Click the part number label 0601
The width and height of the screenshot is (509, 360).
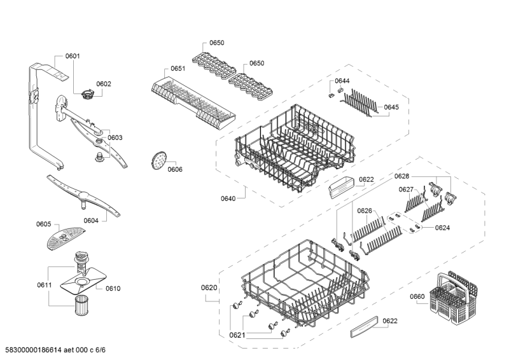tap(73, 56)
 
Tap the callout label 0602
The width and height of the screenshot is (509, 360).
tap(104, 84)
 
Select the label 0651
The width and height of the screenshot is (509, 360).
tap(178, 68)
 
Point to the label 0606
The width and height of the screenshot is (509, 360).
tap(175, 169)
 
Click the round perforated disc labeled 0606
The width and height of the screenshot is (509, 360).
tap(158, 160)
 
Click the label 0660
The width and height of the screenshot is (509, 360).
tap(417, 296)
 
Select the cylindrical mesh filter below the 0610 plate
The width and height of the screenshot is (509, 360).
tap(81, 305)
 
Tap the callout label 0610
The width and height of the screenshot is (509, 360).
tap(113, 288)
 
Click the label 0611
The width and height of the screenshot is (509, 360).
tap(44, 285)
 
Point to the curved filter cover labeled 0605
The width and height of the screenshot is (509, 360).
tap(66, 238)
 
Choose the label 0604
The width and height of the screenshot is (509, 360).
tap(91, 221)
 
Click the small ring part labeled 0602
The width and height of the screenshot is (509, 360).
tap(87, 95)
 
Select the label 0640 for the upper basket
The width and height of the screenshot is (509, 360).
tap(228, 198)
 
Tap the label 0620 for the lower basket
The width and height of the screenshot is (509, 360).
tap(209, 287)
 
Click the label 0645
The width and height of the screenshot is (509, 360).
tap(391, 107)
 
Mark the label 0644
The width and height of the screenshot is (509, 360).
tap(342, 81)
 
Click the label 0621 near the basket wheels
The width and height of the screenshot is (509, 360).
tap(237, 335)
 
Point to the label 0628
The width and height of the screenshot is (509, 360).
tap(402, 176)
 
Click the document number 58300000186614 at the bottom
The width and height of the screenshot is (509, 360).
tap(34, 350)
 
